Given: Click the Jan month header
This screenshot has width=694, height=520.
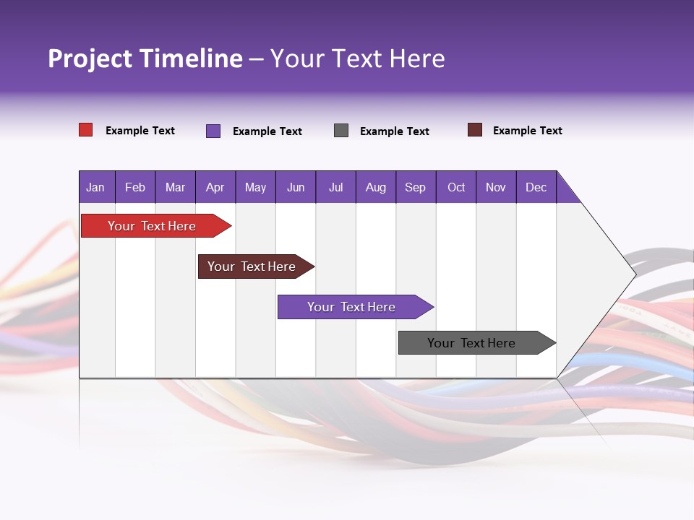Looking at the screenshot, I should tap(96, 187).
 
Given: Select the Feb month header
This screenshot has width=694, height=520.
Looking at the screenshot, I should tap(135, 187).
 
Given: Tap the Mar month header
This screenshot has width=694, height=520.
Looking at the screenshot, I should tap(175, 187).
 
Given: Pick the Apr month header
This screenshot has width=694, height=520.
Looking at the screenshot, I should tap(215, 187).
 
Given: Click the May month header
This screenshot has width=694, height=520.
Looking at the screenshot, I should tap(255, 187).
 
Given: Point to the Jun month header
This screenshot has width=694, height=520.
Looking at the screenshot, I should tap(296, 187).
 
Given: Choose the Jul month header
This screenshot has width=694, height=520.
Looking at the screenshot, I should tap(335, 187).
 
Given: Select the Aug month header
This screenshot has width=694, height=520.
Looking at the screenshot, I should tap(376, 187).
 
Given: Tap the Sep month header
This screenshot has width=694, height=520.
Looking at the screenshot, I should tap(416, 187).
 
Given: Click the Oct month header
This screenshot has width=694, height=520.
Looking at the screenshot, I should tap(456, 187).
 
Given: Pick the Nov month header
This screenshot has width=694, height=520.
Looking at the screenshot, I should tap(496, 187).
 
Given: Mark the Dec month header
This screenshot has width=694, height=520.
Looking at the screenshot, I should tap(536, 187).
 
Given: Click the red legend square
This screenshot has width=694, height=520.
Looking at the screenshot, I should tap(86, 130).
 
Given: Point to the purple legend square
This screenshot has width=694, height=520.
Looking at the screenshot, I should tap(213, 131).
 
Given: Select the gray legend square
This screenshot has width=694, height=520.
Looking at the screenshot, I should tap(341, 130).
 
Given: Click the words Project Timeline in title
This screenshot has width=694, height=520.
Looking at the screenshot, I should tap(145, 58).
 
